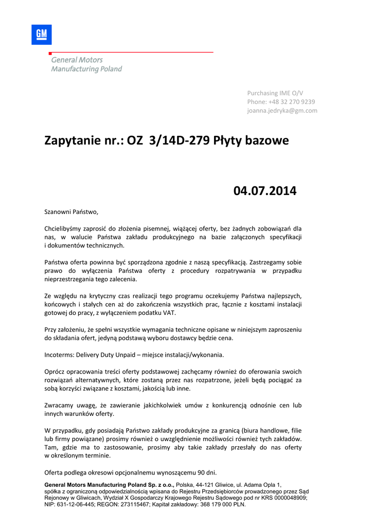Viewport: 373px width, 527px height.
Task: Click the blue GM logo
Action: pyautogui.click(x=42, y=34)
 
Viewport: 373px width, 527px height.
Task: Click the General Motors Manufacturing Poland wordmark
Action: pyautogui.click(x=86, y=64)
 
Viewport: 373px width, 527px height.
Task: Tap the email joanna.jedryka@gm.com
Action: pyautogui.click(x=282, y=111)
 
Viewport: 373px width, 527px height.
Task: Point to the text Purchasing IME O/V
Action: pyautogui.click(x=275, y=93)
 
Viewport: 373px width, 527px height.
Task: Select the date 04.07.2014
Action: pyautogui.click(x=265, y=191)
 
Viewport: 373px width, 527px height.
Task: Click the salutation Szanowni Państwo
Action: pyautogui.click(x=71, y=212)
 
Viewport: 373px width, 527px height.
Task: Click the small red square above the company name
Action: pyautogui.click(x=49, y=54)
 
